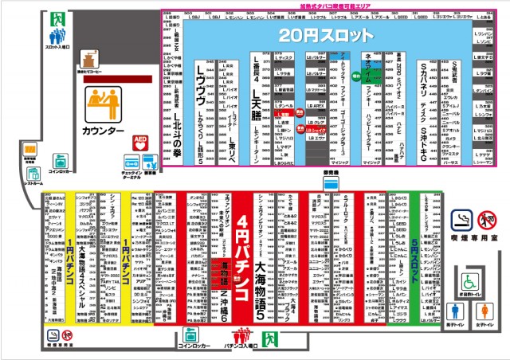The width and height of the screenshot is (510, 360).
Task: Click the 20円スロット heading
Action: point(327,35)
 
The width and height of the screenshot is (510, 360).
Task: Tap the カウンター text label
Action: point(104,130)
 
